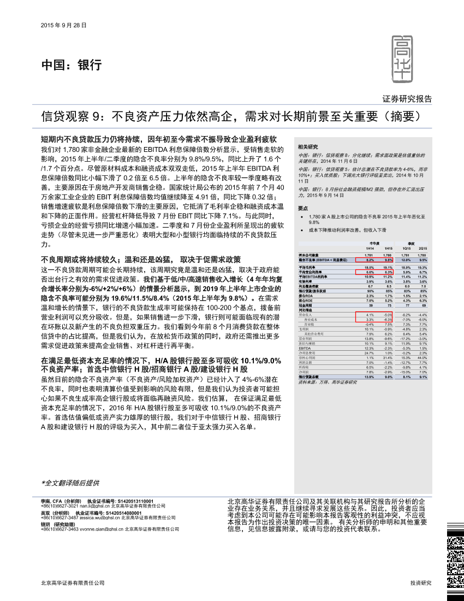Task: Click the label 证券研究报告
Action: point(407,99)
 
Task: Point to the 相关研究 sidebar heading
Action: point(307,147)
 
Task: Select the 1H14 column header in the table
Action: point(369,249)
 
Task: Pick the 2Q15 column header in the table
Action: point(422,249)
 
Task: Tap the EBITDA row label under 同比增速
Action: point(305,348)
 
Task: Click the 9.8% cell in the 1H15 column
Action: point(388,261)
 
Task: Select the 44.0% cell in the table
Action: point(422,357)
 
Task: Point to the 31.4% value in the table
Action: point(388,357)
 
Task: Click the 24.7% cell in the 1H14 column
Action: point(369,353)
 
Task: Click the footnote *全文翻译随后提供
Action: point(70,483)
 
